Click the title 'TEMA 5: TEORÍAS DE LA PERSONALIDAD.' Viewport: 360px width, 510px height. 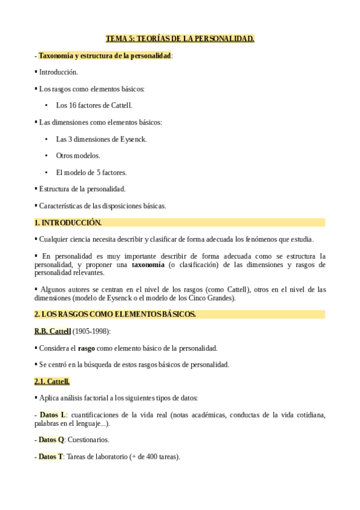(x=180, y=39)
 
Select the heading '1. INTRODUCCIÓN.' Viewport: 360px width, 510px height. (x=68, y=223)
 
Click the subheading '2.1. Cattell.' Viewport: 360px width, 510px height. (x=52, y=381)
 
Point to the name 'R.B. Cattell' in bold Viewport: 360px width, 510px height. (x=53, y=331)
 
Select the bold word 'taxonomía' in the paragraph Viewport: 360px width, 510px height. (x=148, y=265)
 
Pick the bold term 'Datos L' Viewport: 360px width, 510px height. (x=52, y=415)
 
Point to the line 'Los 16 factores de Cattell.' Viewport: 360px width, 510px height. (x=94, y=105)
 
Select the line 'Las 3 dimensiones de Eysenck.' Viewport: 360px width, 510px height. (x=101, y=139)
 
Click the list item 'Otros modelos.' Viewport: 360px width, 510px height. (x=78, y=156)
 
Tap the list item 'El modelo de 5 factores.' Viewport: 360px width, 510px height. (x=91, y=173)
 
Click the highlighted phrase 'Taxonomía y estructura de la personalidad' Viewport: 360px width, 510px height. (x=105, y=56)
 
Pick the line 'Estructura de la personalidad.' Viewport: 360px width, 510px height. (x=82, y=189)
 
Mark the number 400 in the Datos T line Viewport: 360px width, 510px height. (x=150, y=456)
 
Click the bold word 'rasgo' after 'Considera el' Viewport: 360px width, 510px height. (x=87, y=348)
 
